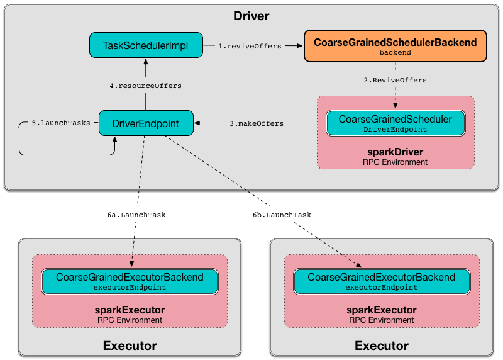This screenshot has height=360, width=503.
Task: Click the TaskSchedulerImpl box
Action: (146, 45)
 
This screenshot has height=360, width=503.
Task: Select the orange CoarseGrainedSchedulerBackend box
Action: (395, 47)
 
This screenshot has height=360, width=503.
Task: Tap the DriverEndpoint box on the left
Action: (146, 123)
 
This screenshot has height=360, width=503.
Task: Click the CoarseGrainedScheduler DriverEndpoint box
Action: (395, 123)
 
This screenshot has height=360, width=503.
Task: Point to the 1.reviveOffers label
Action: (250, 46)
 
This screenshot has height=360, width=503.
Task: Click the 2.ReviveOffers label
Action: (395, 81)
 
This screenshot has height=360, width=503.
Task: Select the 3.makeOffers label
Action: (257, 123)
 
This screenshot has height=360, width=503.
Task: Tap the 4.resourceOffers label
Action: (145, 85)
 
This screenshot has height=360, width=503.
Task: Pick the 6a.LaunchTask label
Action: (136, 215)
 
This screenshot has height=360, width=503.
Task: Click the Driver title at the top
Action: (252, 15)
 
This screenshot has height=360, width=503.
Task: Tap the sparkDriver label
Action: (395, 152)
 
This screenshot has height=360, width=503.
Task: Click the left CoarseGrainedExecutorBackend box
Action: (130, 281)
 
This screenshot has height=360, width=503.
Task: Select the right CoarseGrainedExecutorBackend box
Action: (381, 281)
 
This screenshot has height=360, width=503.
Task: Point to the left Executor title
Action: (130, 346)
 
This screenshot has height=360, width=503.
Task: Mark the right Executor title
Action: (381, 346)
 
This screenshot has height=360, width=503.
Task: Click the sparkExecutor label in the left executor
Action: (130, 310)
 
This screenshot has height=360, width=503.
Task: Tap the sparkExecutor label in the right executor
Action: (381, 310)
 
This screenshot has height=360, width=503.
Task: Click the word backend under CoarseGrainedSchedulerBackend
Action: (395, 53)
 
